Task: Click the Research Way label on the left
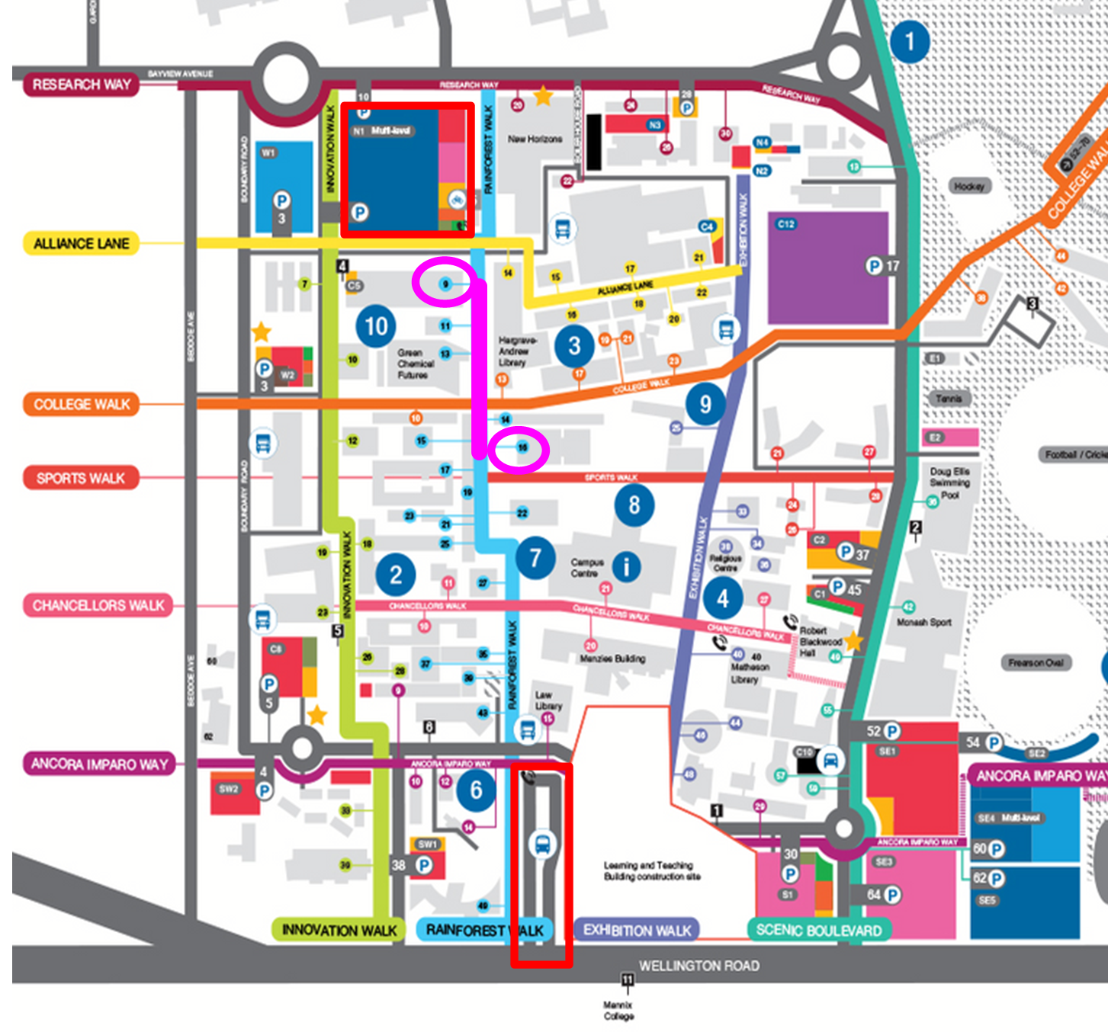(82, 85)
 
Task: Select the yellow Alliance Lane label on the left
(81, 244)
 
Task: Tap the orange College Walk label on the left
(82, 404)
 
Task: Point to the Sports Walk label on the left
(80, 478)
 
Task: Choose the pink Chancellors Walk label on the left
(98, 605)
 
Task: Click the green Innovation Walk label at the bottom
(339, 930)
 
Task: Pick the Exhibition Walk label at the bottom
(637, 930)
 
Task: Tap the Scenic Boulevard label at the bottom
(818, 930)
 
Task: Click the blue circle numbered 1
(909, 41)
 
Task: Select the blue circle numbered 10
(376, 326)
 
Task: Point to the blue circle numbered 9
(705, 404)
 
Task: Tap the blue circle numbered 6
(476, 790)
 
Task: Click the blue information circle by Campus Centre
(627, 566)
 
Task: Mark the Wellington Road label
(699, 966)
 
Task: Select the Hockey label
(969, 186)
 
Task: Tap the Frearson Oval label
(1035, 662)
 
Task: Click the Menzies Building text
(612, 659)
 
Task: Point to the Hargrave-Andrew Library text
(517, 351)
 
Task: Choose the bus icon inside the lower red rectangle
(542, 844)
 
